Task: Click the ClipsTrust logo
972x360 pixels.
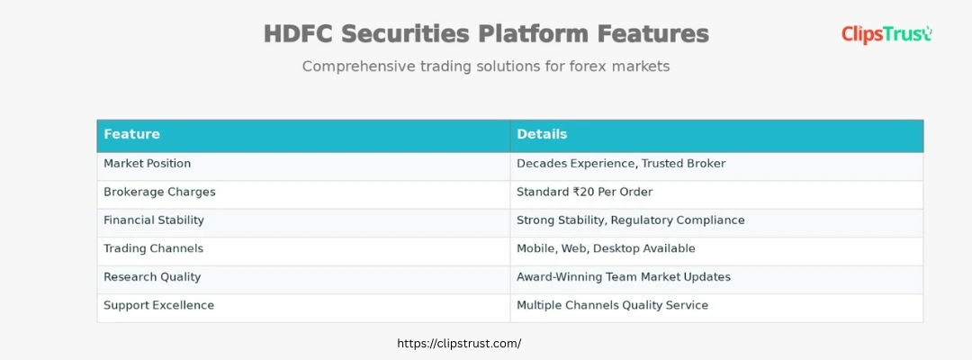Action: pyautogui.click(x=886, y=34)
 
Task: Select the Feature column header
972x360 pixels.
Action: pyautogui.click(x=131, y=134)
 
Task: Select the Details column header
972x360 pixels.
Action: pyautogui.click(x=542, y=134)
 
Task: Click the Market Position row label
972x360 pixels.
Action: pyautogui.click(x=147, y=164)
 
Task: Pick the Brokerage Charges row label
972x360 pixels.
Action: pyautogui.click(x=159, y=192)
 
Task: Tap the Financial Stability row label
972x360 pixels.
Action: pyautogui.click(x=154, y=220)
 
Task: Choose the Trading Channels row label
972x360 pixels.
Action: pyautogui.click(x=153, y=248)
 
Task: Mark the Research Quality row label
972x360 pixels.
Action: pyautogui.click(x=152, y=277)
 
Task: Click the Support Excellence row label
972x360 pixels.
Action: pyautogui.click(x=158, y=305)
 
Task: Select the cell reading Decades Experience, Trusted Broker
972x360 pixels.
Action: pyautogui.click(x=621, y=164)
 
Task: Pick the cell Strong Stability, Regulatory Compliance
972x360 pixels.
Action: pyautogui.click(x=630, y=220)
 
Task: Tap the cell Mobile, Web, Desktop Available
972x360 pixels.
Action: pyautogui.click(x=606, y=248)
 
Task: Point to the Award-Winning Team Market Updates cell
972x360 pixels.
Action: pyautogui.click(x=623, y=277)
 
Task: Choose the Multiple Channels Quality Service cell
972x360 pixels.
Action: pyautogui.click(x=612, y=305)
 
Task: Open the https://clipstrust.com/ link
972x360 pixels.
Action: pyautogui.click(x=459, y=344)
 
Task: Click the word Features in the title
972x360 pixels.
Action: pyautogui.click(x=652, y=34)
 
